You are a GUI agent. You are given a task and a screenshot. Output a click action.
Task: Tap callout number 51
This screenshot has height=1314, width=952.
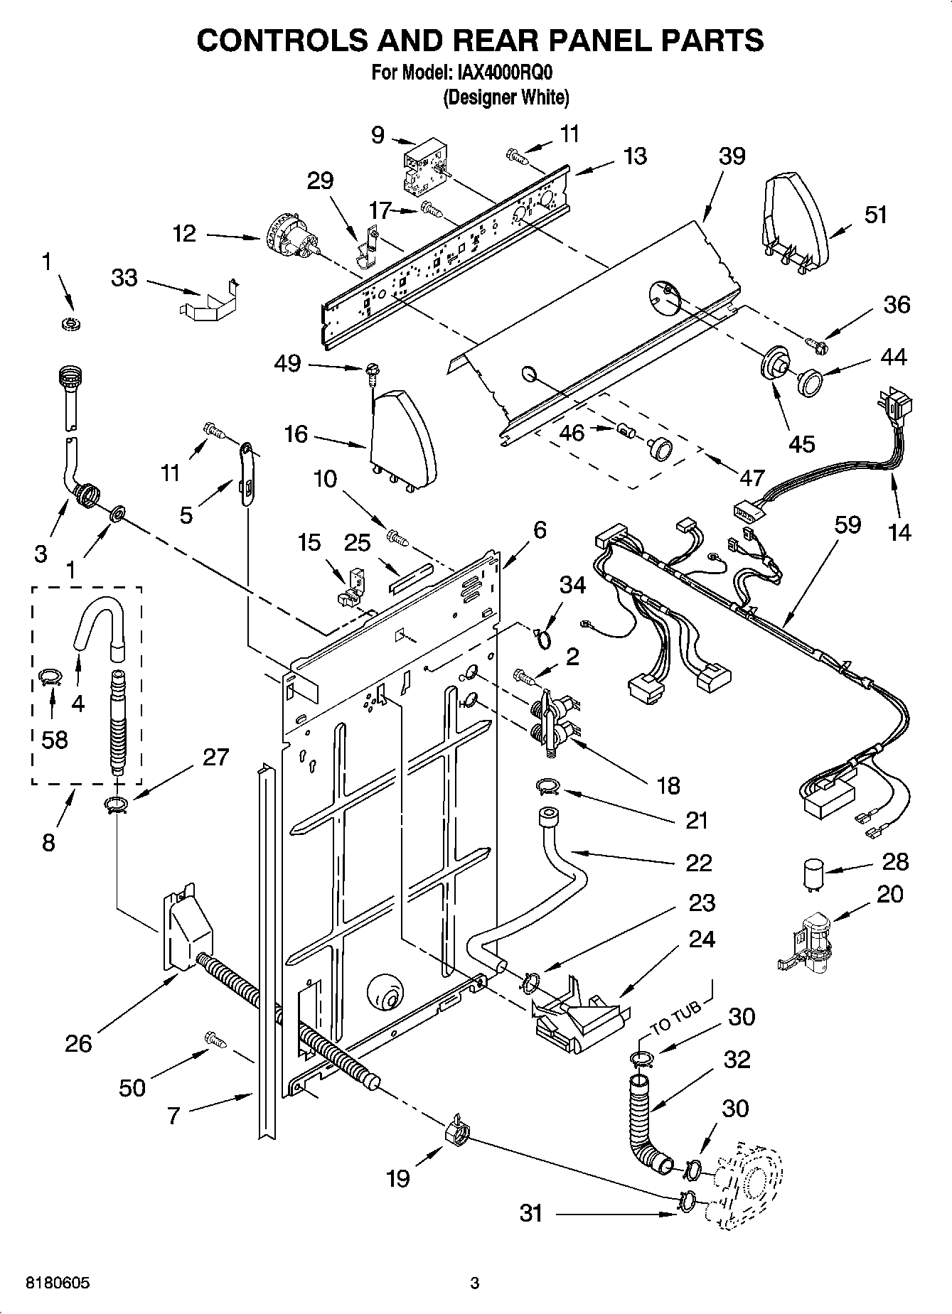pos(875,215)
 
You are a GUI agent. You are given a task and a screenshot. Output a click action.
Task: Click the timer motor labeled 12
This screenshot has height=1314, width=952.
pos(288,237)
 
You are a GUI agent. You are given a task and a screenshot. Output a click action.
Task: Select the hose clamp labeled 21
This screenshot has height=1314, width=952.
pos(547,785)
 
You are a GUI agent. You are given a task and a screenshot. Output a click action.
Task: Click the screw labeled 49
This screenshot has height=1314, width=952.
pos(372,370)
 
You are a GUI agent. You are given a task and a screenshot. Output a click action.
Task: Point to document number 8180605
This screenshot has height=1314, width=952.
pos(58,1283)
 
